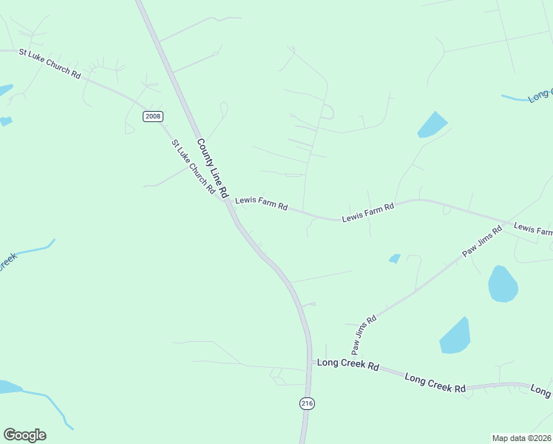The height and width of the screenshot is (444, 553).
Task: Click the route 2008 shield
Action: coord(153,116)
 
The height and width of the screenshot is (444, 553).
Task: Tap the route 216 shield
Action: coord(308,403)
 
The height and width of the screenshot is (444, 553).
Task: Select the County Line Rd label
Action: coord(211,166)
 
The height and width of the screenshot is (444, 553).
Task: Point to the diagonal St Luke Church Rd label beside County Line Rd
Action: coord(193,167)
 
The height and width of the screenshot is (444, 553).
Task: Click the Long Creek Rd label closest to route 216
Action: coord(347,365)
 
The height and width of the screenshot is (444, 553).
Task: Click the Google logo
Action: coord(24,435)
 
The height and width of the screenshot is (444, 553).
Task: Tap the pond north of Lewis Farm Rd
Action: coord(432,124)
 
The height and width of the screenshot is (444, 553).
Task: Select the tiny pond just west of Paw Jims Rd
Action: coord(395,258)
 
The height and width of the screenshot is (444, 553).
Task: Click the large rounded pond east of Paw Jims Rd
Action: coord(503,283)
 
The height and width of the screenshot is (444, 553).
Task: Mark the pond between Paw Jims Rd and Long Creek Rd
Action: coord(455,336)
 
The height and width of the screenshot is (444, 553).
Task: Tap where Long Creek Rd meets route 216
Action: coord(308,362)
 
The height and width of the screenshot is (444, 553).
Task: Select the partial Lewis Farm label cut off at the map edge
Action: coord(532,229)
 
